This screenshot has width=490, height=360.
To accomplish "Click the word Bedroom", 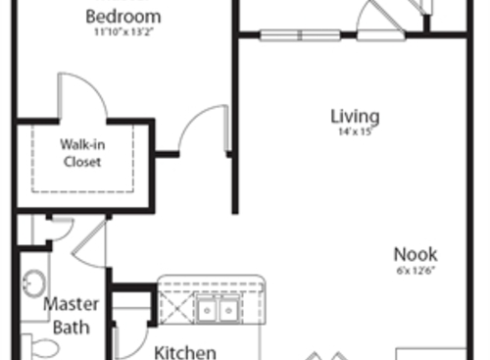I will tap(123, 18).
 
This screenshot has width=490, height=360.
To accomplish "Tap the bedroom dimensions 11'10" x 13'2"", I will tap(123, 32).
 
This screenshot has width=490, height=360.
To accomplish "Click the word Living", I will tap(354, 117).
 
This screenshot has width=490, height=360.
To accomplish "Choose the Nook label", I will tap(416, 253).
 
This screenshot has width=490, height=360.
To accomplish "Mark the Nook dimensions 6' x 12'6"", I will tap(416, 269).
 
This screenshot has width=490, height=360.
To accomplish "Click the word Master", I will tap(70, 303).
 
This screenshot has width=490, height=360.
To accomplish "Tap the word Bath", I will tap(70, 325).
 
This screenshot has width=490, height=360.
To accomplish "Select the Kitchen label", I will tap(184, 350).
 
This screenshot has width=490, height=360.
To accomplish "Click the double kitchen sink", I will tap(217, 310).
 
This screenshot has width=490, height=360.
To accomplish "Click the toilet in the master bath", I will tap(41, 348).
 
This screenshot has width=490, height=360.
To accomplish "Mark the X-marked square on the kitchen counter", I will tap(175, 311).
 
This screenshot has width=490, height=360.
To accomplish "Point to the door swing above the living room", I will tap(377, 20).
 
